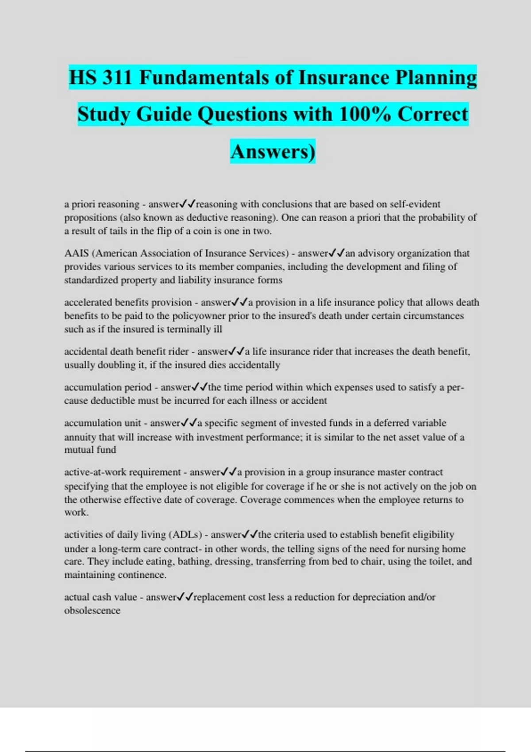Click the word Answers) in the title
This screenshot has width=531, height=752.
pos(273,151)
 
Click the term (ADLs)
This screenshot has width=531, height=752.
pos(185,534)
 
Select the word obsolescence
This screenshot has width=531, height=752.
pos(92,610)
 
